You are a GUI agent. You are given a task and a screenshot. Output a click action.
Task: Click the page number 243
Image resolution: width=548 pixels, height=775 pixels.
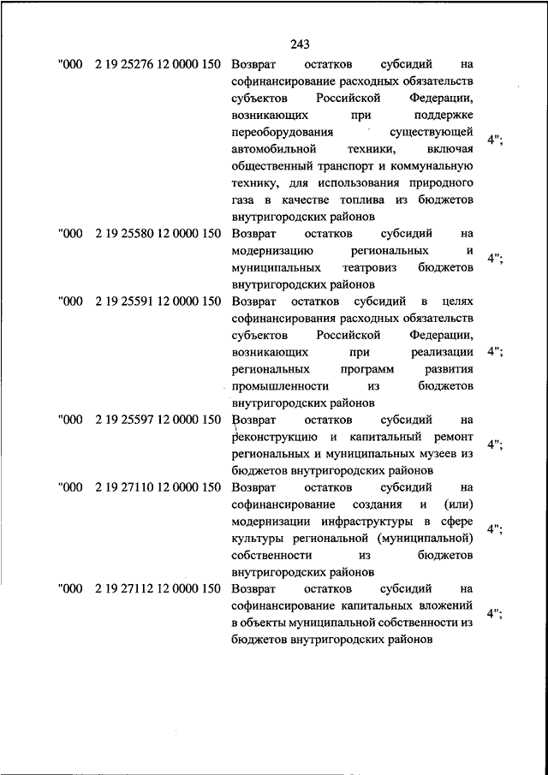click(300, 45)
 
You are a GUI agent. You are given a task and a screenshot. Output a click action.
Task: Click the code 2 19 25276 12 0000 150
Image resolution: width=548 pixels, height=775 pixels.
click(159, 65)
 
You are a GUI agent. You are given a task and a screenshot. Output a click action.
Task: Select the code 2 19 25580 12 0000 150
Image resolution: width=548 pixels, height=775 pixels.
click(159, 233)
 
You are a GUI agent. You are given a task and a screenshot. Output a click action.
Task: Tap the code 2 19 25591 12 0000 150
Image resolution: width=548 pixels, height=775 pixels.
click(159, 301)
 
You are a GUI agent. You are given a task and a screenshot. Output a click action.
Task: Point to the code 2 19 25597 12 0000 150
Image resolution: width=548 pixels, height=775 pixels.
click(159, 419)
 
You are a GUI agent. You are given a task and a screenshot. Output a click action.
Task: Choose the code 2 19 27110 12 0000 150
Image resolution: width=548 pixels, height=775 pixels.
click(159, 486)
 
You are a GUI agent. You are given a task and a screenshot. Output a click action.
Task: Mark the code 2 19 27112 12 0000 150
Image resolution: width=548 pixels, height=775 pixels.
click(159, 588)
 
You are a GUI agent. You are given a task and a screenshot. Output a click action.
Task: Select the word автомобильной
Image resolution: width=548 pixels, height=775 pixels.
click(271, 149)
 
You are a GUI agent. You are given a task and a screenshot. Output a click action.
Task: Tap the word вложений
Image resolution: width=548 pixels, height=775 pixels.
click(445, 605)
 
